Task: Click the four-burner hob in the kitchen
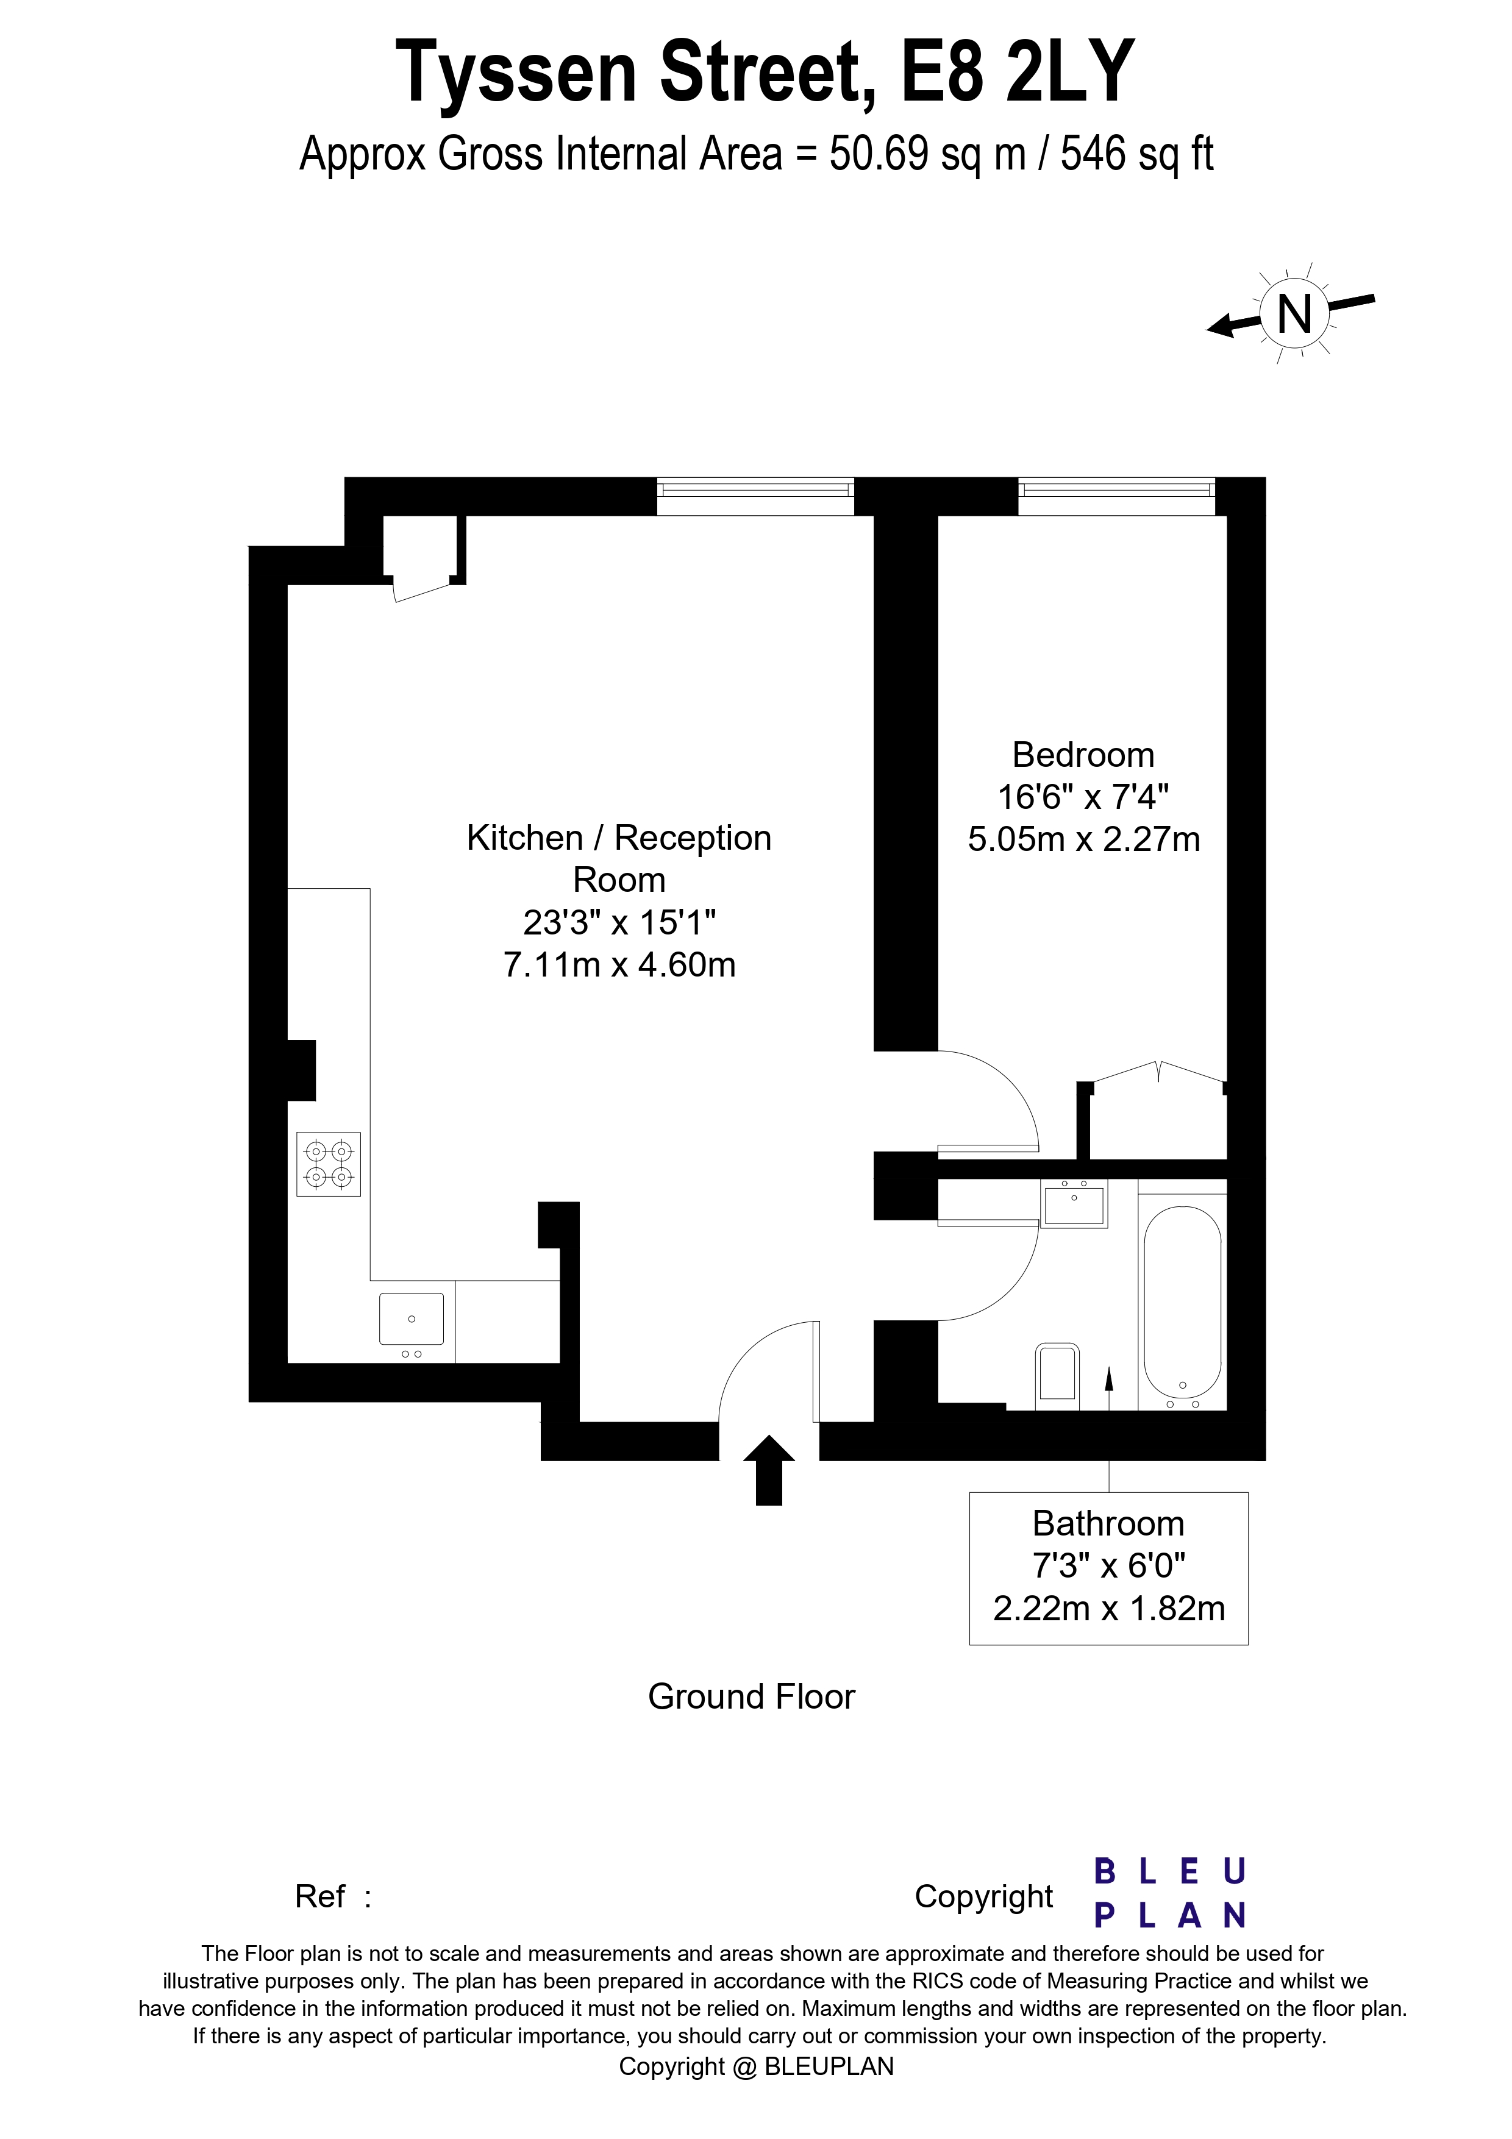pos(329,1164)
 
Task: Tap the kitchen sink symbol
pos(411,1319)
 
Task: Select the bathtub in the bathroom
pos(1182,1303)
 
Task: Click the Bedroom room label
pos(1083,755)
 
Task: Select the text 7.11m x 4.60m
pos(619,965)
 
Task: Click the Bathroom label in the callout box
pos(1108,1523)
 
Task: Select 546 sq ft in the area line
pos(1136,154)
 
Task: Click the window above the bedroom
pos(1116,496)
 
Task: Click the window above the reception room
pos(755,496)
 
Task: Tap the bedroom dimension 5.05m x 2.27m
pos(1083,839)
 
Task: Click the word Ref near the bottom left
pos(319,1896)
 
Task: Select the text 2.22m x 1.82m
pos(1108,1609)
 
